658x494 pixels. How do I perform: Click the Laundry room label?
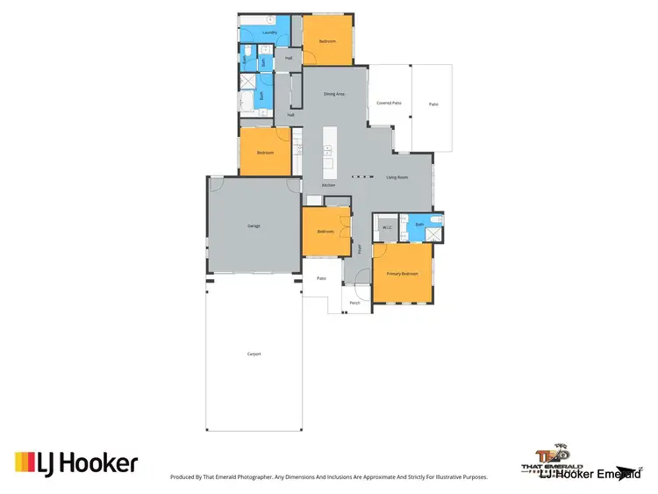(x=269, y=32)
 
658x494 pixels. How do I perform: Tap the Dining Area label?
(x=334, y=93)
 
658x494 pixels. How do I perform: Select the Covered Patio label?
(x=389, y=104)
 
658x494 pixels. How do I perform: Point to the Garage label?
(x=253, y=226)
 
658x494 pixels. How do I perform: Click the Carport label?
(x=254, y=354)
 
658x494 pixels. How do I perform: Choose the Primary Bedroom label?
(x=403, y=274)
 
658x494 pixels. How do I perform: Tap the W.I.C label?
(x=386, y=228)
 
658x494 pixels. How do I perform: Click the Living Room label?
(x=397, y=177)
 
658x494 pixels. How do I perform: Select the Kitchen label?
(x=328, y=186)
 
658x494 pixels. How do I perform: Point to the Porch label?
(x=354, y=303)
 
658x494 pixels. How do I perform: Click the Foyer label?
(x=359, y=249)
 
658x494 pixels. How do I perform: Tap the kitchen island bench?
(x=330, y=148)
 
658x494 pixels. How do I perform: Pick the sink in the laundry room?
(x=271, y=19)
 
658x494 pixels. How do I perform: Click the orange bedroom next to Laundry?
(x=327, y=41)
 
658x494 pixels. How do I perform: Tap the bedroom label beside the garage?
(x=265, y=153)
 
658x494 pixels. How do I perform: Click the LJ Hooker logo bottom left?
(x=76, y=462)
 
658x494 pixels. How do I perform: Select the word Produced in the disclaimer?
(x=183, y=477)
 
